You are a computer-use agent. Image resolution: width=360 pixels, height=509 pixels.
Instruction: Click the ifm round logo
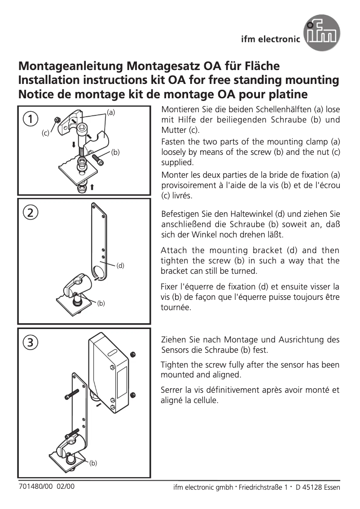[x=322, y=33]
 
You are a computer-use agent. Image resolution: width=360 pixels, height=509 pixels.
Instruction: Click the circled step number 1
[x=31, y=119]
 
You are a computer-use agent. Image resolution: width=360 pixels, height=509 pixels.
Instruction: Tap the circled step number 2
[x=31, y=213]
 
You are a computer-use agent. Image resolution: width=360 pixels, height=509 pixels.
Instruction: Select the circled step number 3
[x=31, y=342]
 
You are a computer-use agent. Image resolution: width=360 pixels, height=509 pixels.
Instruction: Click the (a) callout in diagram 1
[x=110, y=111]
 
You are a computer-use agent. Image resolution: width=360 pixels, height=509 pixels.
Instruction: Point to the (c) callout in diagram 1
[x=45, y=133]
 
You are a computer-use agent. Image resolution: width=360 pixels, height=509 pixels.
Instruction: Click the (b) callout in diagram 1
[x=115, y=153]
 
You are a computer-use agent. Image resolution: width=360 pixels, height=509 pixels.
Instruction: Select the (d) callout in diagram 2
[x=120, y=265]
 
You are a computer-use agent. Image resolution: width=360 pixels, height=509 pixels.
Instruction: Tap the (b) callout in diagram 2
[x=101, y=304]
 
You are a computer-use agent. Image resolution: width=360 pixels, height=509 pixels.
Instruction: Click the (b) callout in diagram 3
[x=93, y=463]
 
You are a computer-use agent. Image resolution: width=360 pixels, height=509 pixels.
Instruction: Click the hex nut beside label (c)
[x=57, y=120]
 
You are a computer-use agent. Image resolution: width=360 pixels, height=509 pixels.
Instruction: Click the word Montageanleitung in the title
[x=72, y=66]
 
